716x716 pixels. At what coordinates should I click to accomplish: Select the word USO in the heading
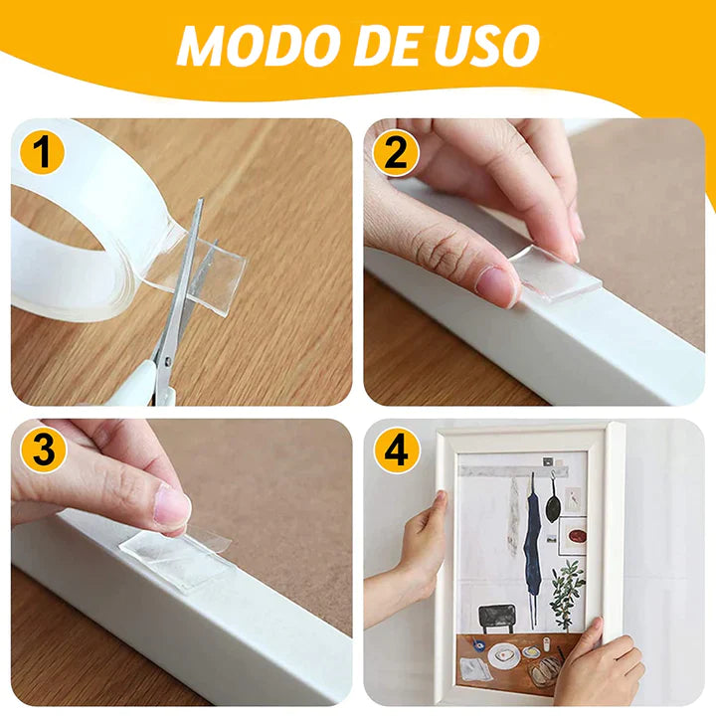click(x=486, y=44)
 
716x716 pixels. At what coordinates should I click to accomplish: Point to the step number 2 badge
click(x=396, y=152)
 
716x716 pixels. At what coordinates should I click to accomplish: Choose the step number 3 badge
click(x=44, y=450)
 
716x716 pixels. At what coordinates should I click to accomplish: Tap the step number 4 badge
click(x=397, y=450)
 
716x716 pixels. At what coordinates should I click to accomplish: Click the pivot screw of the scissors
click(x=168, y=361)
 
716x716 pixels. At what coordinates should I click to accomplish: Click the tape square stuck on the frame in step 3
click(x=176, y=560)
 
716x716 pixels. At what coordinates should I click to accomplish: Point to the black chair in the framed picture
click(x=498, y=618)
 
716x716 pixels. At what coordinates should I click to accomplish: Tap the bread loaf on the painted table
click(x=547, y=669)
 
